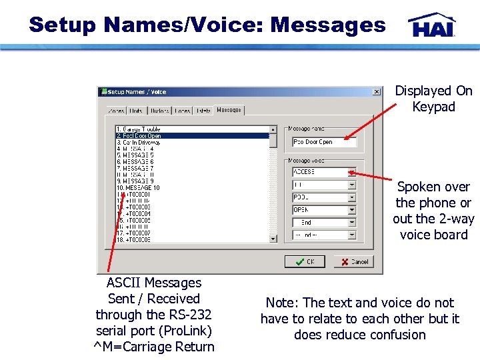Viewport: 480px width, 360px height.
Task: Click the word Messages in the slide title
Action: [x=328, y=25]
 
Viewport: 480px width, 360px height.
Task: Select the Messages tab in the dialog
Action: [x=229, y=110]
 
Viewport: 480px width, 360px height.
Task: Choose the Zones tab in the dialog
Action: [x=116, y=111]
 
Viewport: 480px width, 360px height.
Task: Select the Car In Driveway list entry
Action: [x=139, y=142]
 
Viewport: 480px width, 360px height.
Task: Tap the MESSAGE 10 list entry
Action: [x=138, y=187]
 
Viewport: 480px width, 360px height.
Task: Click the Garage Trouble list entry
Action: [x=139, y=129]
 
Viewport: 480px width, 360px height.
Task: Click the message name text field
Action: [x=324, y=142]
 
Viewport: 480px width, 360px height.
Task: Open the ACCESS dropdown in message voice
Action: [x=352, y=172]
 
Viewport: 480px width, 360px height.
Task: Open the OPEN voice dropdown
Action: [x=352, y=210]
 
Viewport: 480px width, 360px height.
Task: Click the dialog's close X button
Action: [x=377, y=92]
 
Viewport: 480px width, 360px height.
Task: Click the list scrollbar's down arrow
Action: [x=273, y=238]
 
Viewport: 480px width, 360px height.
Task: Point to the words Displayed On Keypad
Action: [x=433, y=99]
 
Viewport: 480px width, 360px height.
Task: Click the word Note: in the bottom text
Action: [x=282, y=303]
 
